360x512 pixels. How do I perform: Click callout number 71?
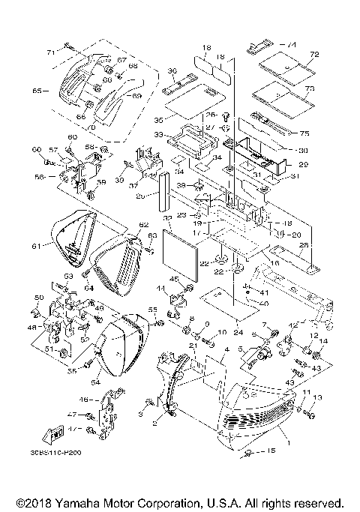tap(51, 52)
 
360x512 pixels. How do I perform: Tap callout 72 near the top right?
tap(315, 55)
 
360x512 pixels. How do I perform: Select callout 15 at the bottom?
tap(272, 472)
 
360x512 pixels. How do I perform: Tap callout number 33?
tap(159, 135)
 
